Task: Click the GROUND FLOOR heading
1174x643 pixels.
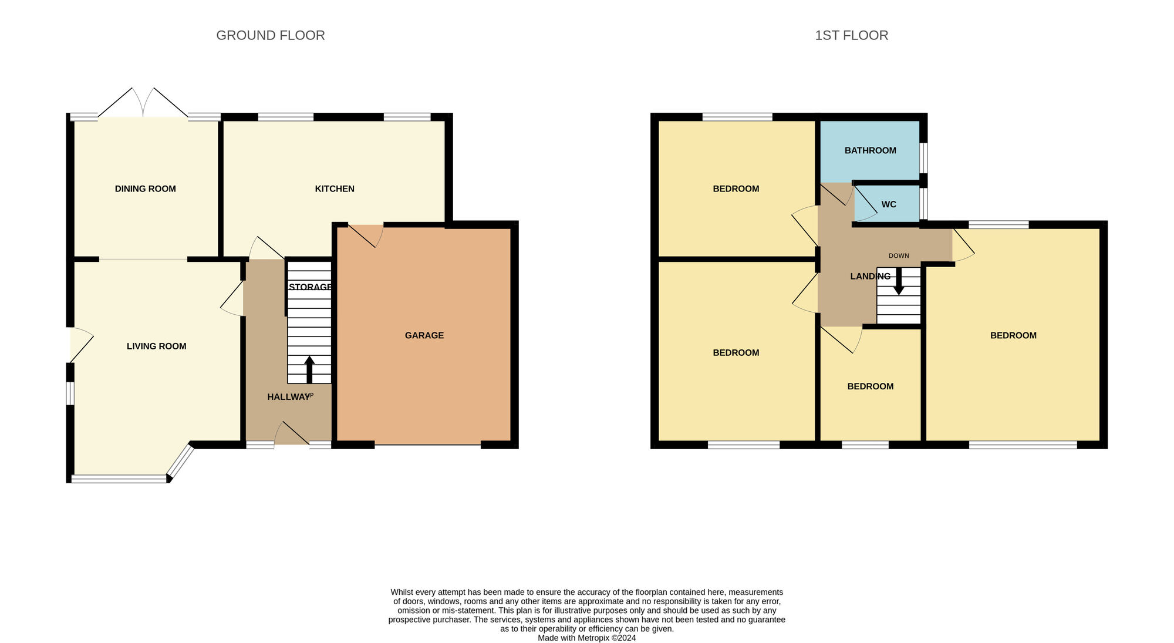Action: (x=271, y=35)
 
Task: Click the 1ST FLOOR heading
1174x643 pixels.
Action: (x=851, y=35)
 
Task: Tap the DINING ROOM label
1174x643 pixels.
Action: (x=145, y=188)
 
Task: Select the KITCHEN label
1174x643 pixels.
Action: (x=335, y=188)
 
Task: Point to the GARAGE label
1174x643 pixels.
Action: (x=424, y=335)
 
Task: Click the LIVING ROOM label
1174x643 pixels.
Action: (x=157, y=346)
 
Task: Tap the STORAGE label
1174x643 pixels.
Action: (x=310, y=287)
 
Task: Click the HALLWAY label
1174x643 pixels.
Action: (x=288, y=397)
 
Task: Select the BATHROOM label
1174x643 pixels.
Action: (x=871, y=150)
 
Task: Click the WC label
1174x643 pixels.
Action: (x=889, y=204)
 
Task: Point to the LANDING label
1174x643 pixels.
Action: (x=871, y=276)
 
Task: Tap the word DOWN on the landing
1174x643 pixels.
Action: (x=899, y=256)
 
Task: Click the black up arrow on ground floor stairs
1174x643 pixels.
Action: (x=309, y=370)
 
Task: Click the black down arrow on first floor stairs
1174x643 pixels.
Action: (x=899, y=281)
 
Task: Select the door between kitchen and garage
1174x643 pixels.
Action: (x=365, y=235)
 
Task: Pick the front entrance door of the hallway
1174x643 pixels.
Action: (x=292, y=433)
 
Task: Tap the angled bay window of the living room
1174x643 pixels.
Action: (x=181, y=462)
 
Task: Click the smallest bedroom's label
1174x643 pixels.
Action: (x=871, y=386)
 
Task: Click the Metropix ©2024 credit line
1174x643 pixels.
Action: (x=587, y=638)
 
